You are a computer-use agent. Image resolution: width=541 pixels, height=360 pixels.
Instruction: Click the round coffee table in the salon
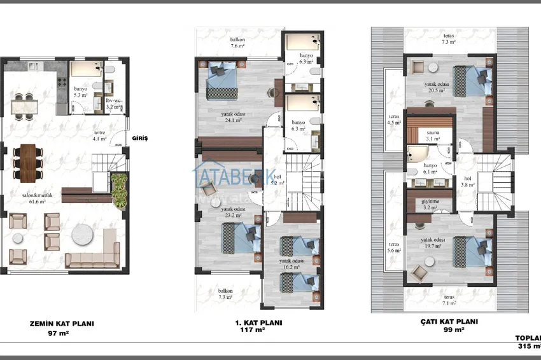pyautogui.click(x=83, y=234)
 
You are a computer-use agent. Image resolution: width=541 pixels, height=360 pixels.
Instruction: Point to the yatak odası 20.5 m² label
pyautogui.click(x=437, y=87)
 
